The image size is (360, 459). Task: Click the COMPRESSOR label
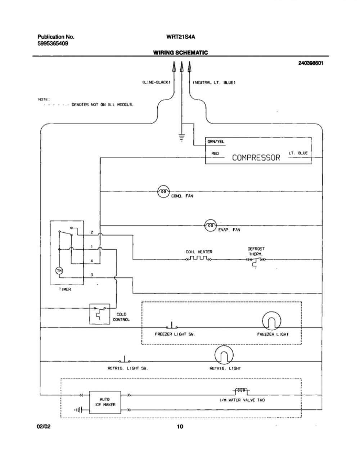click(x=256, y=158)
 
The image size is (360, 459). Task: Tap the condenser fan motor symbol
click(x=163, y=192)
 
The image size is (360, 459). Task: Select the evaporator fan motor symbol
click(x=210, y=226)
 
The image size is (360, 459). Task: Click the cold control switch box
click(x=100, y=314)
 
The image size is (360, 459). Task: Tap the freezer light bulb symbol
click(x=271, y=321)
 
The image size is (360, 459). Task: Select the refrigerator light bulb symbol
click(x=224, y=355)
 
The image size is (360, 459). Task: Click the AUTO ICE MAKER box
click(x=105, y=402)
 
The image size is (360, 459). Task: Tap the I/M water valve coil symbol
click(x=241, y=391)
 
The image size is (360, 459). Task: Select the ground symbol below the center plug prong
click(x=181, y=137)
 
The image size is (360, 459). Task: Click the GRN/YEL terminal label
click(x=216, y=141)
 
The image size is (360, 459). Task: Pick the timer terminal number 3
click(x=92, y=275)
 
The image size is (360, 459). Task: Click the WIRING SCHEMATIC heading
click(x=180, y=53)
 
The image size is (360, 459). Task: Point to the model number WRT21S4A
click(x=180, y=37)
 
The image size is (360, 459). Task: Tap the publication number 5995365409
click(x=53, y=44)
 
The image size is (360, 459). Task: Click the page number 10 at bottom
click(x=180, y=427)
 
